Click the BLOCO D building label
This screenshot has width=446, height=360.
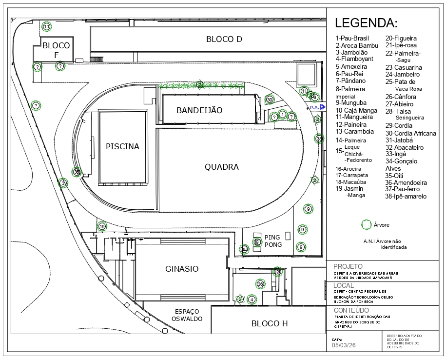click(x=224, y=39)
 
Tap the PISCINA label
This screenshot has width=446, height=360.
click(x=123, y=146)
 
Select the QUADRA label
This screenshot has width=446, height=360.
click(x=222, y=167)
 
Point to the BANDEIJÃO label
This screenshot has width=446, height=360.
click(x=199, y=111)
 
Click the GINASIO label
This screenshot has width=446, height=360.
click(x=182, y=269)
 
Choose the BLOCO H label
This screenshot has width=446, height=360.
click(x=270, y=323)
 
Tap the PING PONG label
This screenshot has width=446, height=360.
click(x=272, y=241)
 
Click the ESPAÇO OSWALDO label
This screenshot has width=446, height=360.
click(x=187, y=315)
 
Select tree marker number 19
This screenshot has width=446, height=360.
click(x=102, y=226)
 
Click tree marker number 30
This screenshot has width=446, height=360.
click(x=270, y=100)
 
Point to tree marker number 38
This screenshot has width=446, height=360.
click(x=319, y=139)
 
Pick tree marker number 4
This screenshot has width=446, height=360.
click(x=252, y=300)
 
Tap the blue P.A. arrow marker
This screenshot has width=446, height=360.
click(x=323, y=107)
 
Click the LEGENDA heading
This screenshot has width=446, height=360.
click(x=366, y=23)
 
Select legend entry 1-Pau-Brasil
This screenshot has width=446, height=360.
click(x=352, y=38)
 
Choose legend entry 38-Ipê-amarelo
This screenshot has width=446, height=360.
click(x=406, y=196)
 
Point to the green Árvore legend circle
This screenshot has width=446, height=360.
click(x=366, y=225)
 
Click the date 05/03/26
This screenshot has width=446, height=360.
click(x=344, y=345)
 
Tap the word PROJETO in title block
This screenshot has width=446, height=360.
click(x=348, y=266)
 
